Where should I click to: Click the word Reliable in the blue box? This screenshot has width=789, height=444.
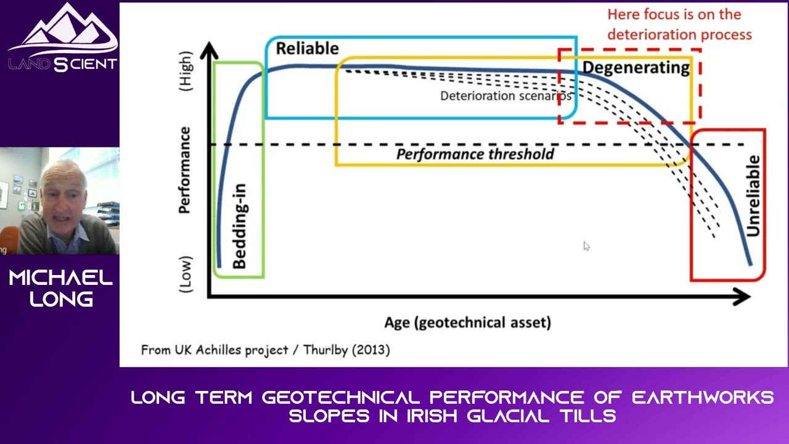tap(307, 49)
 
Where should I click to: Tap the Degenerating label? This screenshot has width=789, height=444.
tap(636, 67)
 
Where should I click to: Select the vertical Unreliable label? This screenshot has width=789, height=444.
tap(753, 196)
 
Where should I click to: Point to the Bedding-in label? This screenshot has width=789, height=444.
tap(239, 226)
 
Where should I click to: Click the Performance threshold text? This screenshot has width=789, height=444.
tap(475, 154)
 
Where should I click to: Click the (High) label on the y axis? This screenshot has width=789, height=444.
tap(185, 72)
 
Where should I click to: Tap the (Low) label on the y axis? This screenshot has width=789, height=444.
tap(185, 274)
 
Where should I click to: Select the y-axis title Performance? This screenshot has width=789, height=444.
tap(184, 170)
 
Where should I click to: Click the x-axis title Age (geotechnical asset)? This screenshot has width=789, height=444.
tap(467, 322)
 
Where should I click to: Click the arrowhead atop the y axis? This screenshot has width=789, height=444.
tap(209, 51)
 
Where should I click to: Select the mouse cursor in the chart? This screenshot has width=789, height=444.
tap(586, 247)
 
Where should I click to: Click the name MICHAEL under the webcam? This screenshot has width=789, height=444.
tap(60, 278)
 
